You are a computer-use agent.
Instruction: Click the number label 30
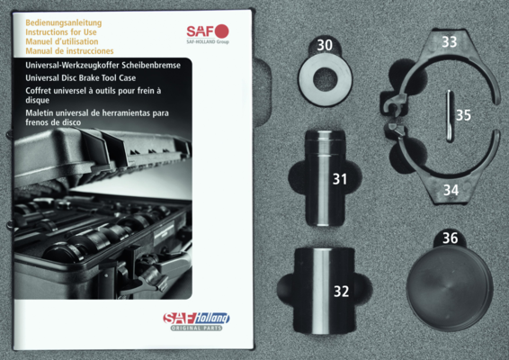pyautogui.click(x=325, y=45)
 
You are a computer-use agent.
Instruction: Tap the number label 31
pyautogui.click(x=340, y=179)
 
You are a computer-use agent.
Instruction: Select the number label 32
pyautogui.click(x=342, y=292)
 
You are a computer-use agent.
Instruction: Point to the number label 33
pyautogui.click(x=450, y=42)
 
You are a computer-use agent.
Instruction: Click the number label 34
pyautogui.click(x=451, y=190)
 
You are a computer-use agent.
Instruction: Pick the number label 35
pyautogui.click(x=463, y=115)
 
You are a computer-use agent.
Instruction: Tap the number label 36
pyautogui.click(x=451, y=238)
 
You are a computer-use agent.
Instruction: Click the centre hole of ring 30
pyautogui.click(x=326, y=79)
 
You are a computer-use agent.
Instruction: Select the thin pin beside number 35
pyautogui.click(x=450, y=116)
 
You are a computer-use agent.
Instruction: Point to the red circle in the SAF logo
pyautogui.click(x=221, y=31)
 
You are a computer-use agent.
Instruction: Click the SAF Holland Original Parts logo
pyautogui.click(x=196, y=321)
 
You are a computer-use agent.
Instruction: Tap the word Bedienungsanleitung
pyautogui.click(x=64, y=23)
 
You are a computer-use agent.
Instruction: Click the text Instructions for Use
pyautogui.click(x=61, y=32)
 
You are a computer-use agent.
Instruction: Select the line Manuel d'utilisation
pyautogui.click(x=62, y=41)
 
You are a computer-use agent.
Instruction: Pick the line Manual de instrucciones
pyautogui.click(x=69, y=51)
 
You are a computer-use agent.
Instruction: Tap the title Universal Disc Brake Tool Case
pyautogui.click(x=81, y=78)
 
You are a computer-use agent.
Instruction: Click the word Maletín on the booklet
pyautogui.click(x=38, y=113)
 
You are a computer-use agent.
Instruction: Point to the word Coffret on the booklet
pyautogui.click(x=38, y=91)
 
